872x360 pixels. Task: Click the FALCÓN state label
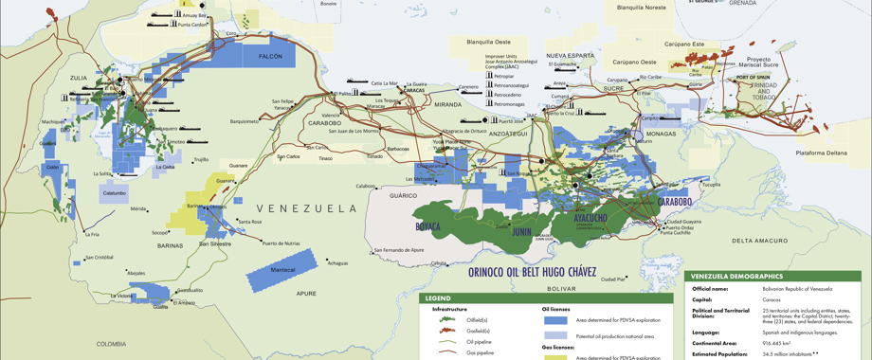click(x=271, y=57)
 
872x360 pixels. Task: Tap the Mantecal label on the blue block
click(x=282, y=270)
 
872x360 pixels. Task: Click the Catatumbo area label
click(x=114, y=193)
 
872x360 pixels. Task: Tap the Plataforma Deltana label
click(x=821, y=153)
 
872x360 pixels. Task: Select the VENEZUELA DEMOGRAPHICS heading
click(x=737, y=276)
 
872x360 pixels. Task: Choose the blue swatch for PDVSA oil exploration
click(x=554, y=320)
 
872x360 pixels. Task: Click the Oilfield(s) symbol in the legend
click(x=447, y=320)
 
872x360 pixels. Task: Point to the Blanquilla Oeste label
click(x=489, y=42)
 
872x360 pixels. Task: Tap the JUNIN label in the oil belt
click(x=521, y=231)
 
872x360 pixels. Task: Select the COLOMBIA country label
click(x=111, y=344)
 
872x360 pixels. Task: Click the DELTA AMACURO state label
click(x=759, y=241)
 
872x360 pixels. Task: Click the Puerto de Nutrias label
click(x=282, y=243)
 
